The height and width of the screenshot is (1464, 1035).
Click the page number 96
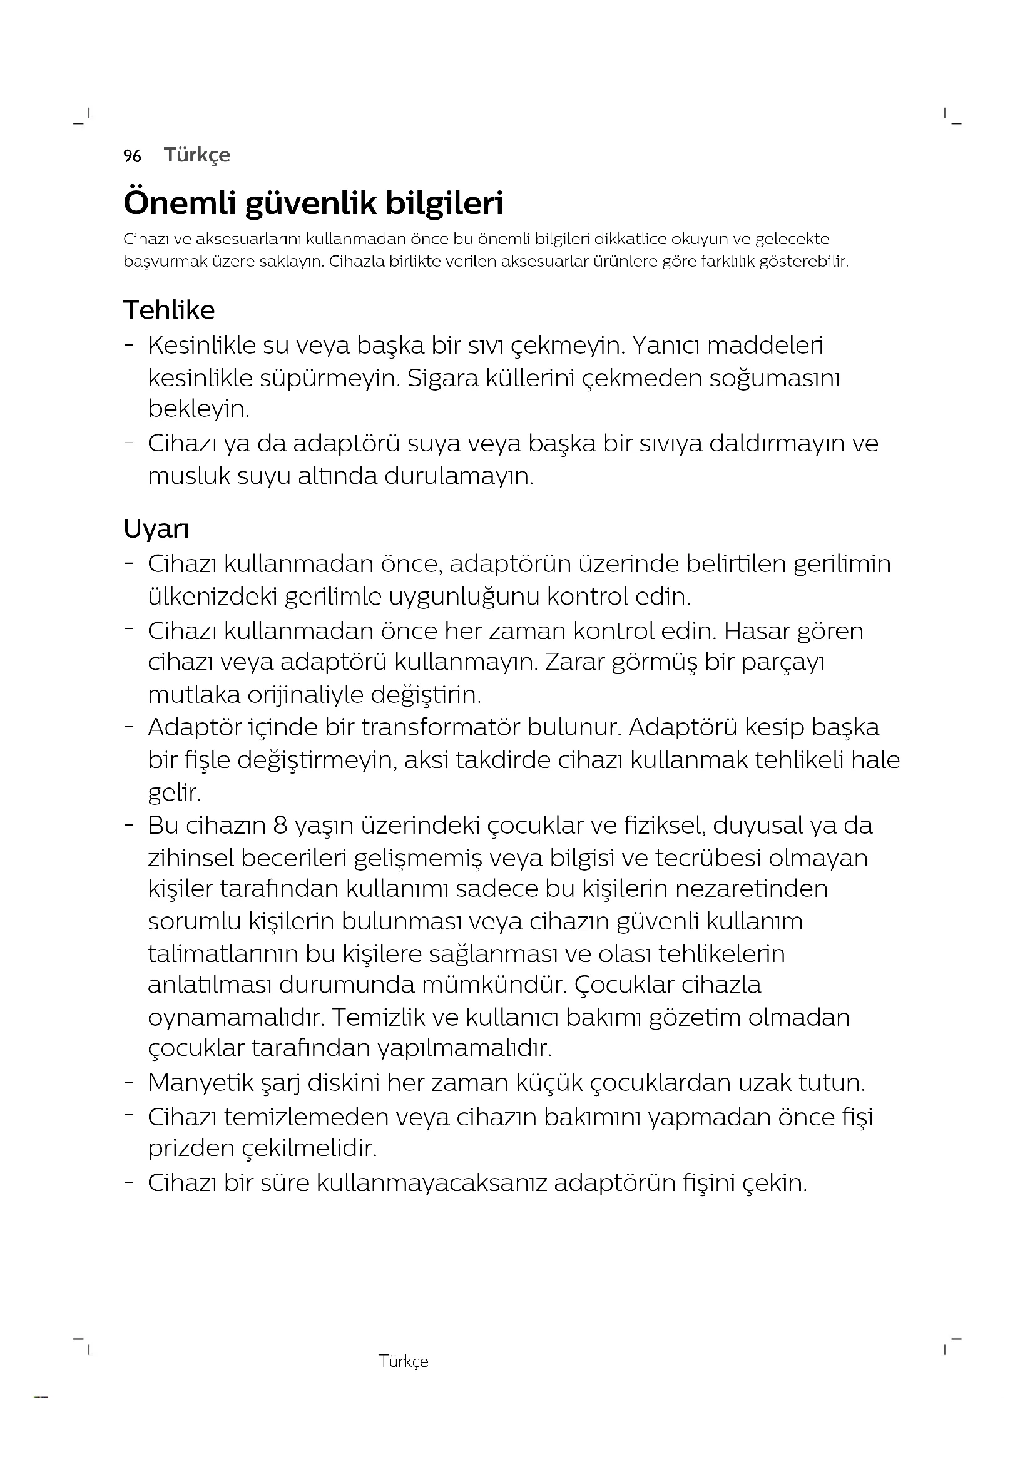click(132, 156)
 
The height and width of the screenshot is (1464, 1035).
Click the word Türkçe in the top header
click(197, 155)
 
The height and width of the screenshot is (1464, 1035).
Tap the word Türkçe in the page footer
click(404, 1361)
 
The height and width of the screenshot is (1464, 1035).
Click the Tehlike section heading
click(169, 310)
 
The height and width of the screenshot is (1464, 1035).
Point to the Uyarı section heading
click(156, 530)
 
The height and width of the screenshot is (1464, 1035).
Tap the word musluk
click(188, 476)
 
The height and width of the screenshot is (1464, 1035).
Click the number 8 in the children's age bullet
click(280, 826)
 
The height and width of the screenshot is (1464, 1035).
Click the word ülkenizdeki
click(212, 597)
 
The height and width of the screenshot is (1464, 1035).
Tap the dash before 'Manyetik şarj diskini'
click(130, 1082)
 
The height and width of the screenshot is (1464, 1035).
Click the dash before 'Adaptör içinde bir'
click(130, 726)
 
